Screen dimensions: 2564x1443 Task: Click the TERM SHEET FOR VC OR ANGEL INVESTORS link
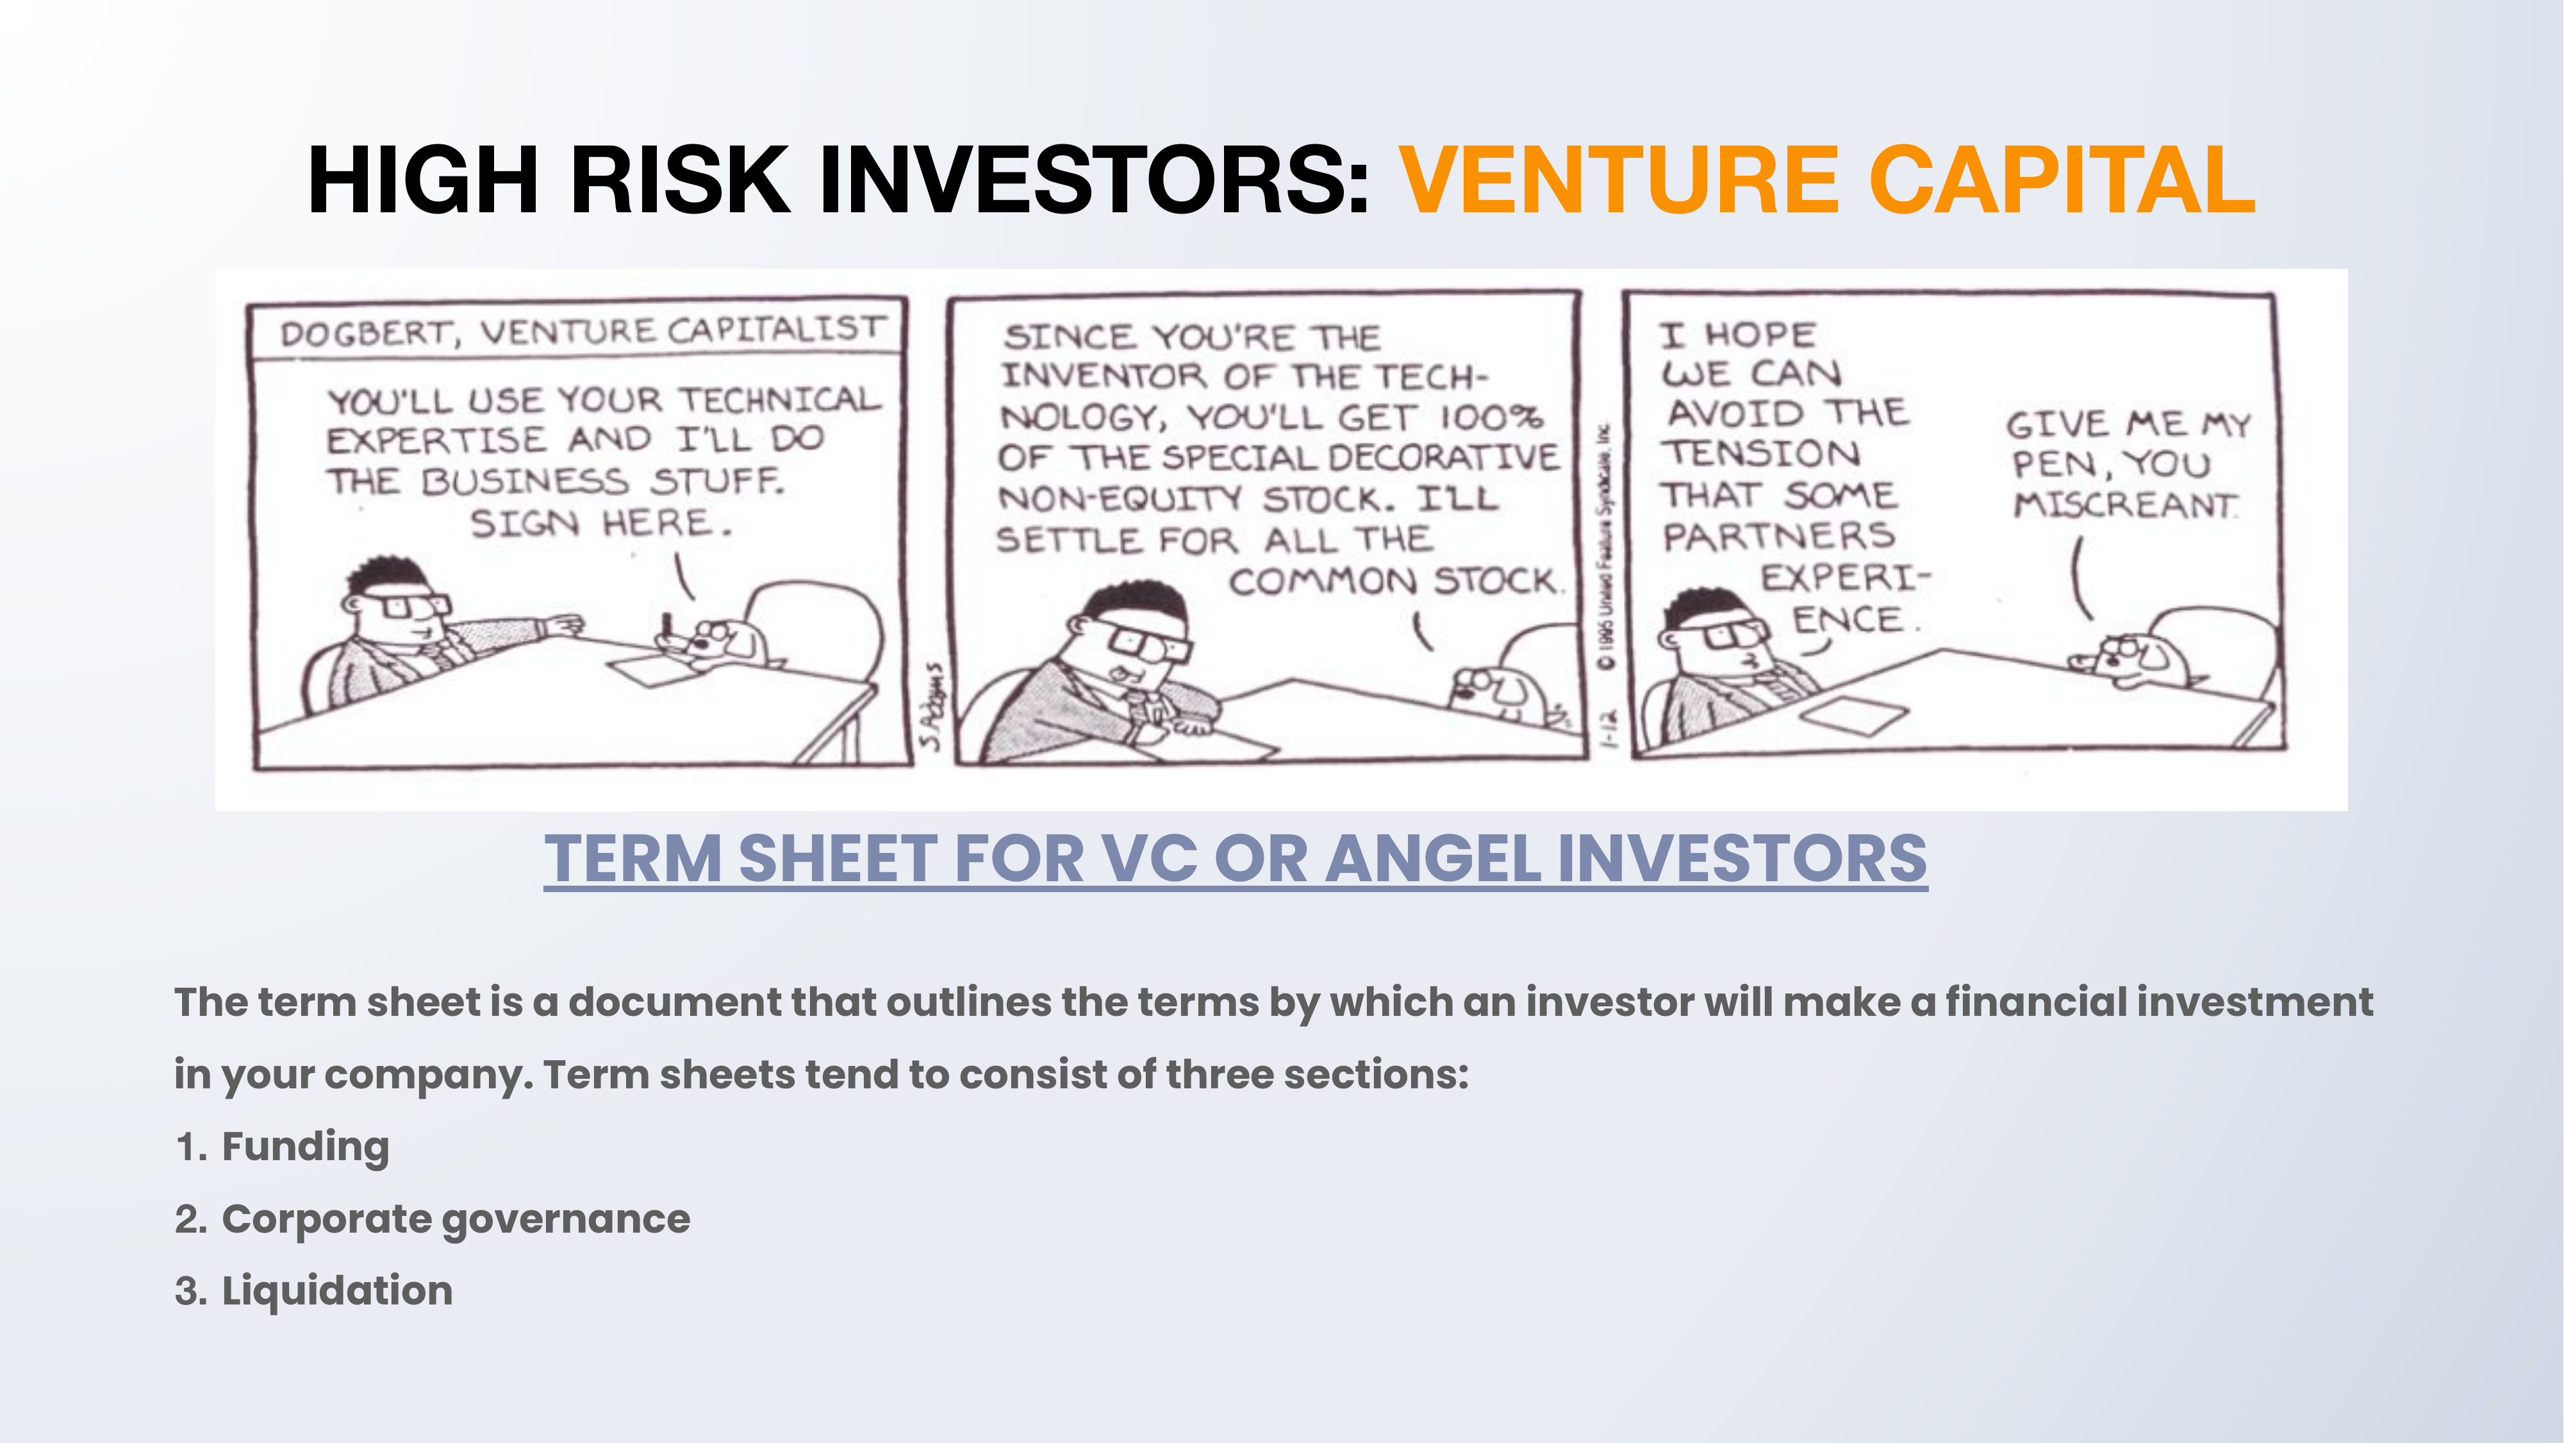[1236, 859]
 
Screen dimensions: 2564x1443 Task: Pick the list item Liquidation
[336, 1290]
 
